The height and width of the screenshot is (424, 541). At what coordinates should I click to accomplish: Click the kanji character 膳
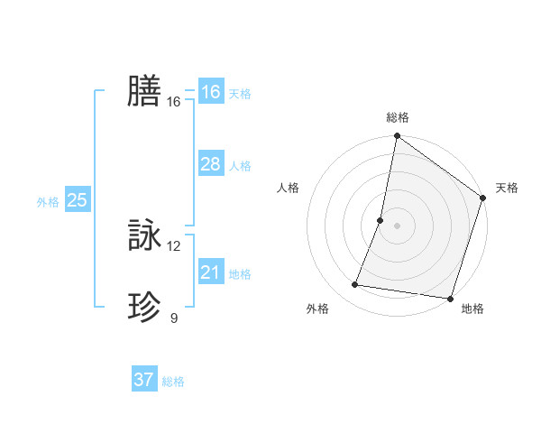point(144,91)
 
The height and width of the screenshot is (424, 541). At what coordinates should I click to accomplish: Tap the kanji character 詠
point(144,236)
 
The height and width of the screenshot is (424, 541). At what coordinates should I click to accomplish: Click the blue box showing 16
point(210,92)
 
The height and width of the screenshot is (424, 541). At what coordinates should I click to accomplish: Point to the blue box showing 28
point(210,164)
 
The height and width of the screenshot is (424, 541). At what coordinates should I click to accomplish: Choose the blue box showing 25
point(77,200)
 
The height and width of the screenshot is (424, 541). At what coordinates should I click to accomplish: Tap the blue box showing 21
point(210,272)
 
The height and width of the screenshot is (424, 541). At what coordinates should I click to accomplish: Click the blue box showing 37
point(143,380)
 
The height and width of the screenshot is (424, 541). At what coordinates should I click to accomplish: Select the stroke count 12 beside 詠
point(174,246)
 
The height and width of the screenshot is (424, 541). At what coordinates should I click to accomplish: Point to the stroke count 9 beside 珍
point(174,318)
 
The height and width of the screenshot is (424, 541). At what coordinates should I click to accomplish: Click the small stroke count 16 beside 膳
point(174,102)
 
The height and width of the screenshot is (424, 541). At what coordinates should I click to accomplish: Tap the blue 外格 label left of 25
point(48,202)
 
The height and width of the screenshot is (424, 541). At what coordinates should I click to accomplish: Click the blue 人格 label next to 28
point(240,166)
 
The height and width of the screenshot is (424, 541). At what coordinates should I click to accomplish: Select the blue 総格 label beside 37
point(173,382)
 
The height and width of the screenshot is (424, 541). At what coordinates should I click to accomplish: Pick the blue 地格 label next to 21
point(240,274)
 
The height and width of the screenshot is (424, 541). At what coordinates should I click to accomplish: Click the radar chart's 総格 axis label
point(397,117)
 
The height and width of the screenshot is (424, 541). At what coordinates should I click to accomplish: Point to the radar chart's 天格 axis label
point(507,188)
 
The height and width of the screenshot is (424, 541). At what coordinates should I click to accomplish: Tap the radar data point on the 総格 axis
point(397,137)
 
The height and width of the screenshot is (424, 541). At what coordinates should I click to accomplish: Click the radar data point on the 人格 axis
point(381,219)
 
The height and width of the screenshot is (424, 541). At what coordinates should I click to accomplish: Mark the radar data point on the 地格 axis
point(449,298)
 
